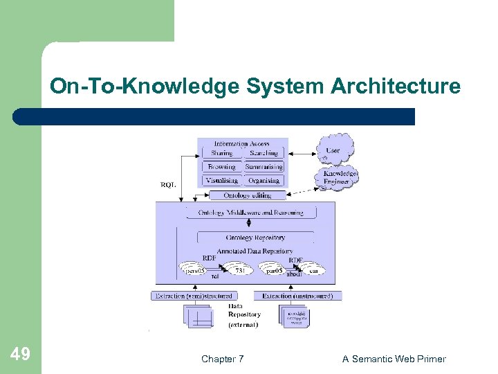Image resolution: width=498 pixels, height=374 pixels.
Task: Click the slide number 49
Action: pyautogui.click(x=21, y=355)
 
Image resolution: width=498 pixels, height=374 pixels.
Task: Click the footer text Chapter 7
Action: pyautogui.click(x=222, y=359)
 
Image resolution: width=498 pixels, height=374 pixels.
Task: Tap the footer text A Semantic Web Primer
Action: pyautogui.click(x=394, y=359)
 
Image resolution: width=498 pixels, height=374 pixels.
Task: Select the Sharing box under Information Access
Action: pyautogui.click(x=221, y=153)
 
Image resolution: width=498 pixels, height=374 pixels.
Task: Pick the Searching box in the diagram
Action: pyautogui.click(x=264, y=153)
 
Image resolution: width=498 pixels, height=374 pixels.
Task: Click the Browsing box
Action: pyautogui.click(x=221, y=167)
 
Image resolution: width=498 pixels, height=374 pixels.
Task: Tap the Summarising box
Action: pyautogui.click(x=264, y=167)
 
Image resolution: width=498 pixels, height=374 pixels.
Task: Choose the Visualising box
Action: pyautogui.click(x=221, y=181)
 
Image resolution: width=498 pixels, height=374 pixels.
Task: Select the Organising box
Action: pyautogui.click(x=264, y=181)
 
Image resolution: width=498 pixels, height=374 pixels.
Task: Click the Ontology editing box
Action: pyautogui.click(x=248, y=195)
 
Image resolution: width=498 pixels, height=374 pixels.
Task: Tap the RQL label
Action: pyautogui.click(x=168, y=185)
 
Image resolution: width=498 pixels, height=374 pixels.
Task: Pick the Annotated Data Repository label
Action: pyautogui.click(x=255, y=251)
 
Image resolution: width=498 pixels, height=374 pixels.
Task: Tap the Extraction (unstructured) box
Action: pyautogui.click(x=297, y=296)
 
